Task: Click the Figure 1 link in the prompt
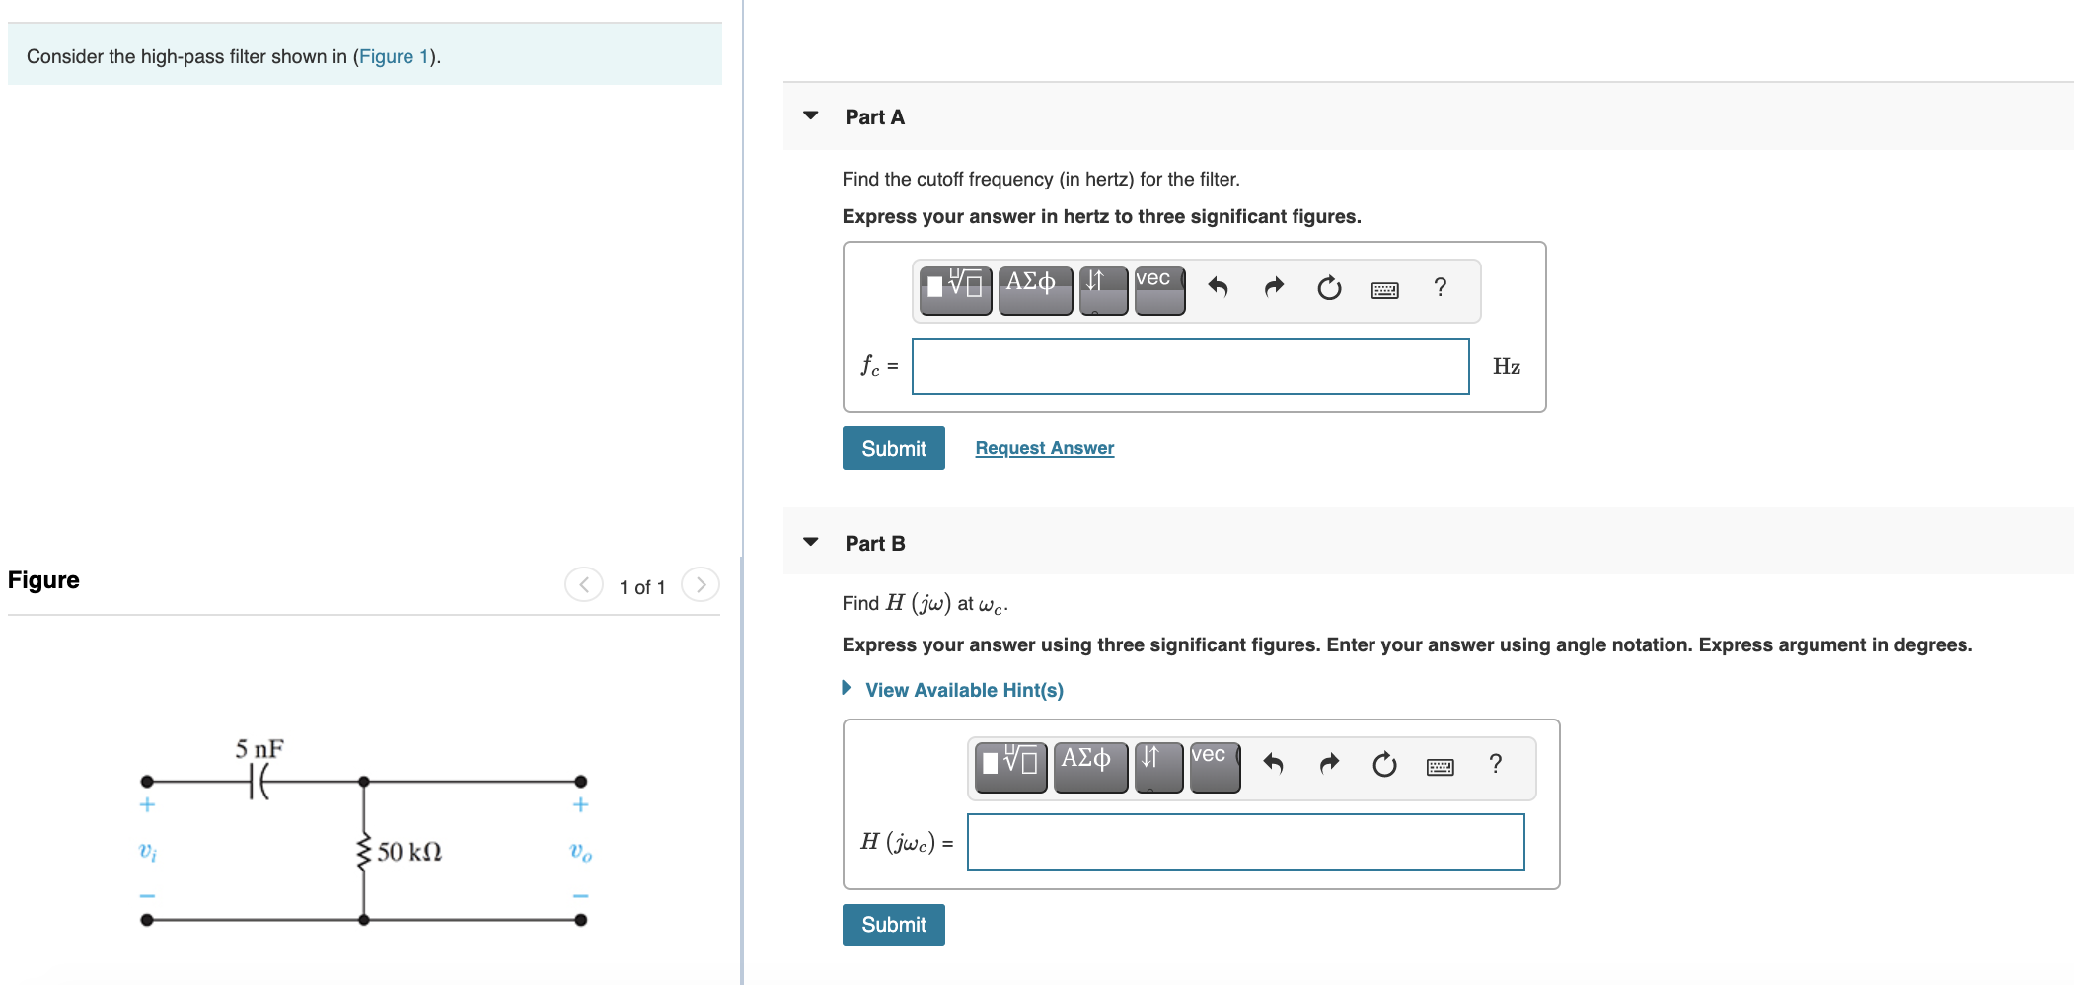(x=394, y=56)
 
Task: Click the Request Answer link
(x=1044, y=448)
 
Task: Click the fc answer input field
(x=1190, y=366)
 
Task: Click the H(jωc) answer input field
(x=1245, y=842)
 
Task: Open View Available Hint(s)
(x=964, y=690)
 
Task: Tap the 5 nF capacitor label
(x=259, y=749)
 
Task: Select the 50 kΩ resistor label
(x=409, y=852)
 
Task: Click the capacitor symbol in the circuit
(x=259, y=783)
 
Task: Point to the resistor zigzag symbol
(x=364, y=852)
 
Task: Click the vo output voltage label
(x=581, y=852)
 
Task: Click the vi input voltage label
(x=148, y=852)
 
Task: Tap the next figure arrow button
(x=701, y=585)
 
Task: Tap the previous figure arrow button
(x=584, y=585)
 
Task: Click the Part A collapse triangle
(x=811, y=115)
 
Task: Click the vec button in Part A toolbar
(x=1159, y=290)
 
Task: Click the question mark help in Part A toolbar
(x=1441, y=287)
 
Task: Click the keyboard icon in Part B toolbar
(x=1441, y=767)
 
